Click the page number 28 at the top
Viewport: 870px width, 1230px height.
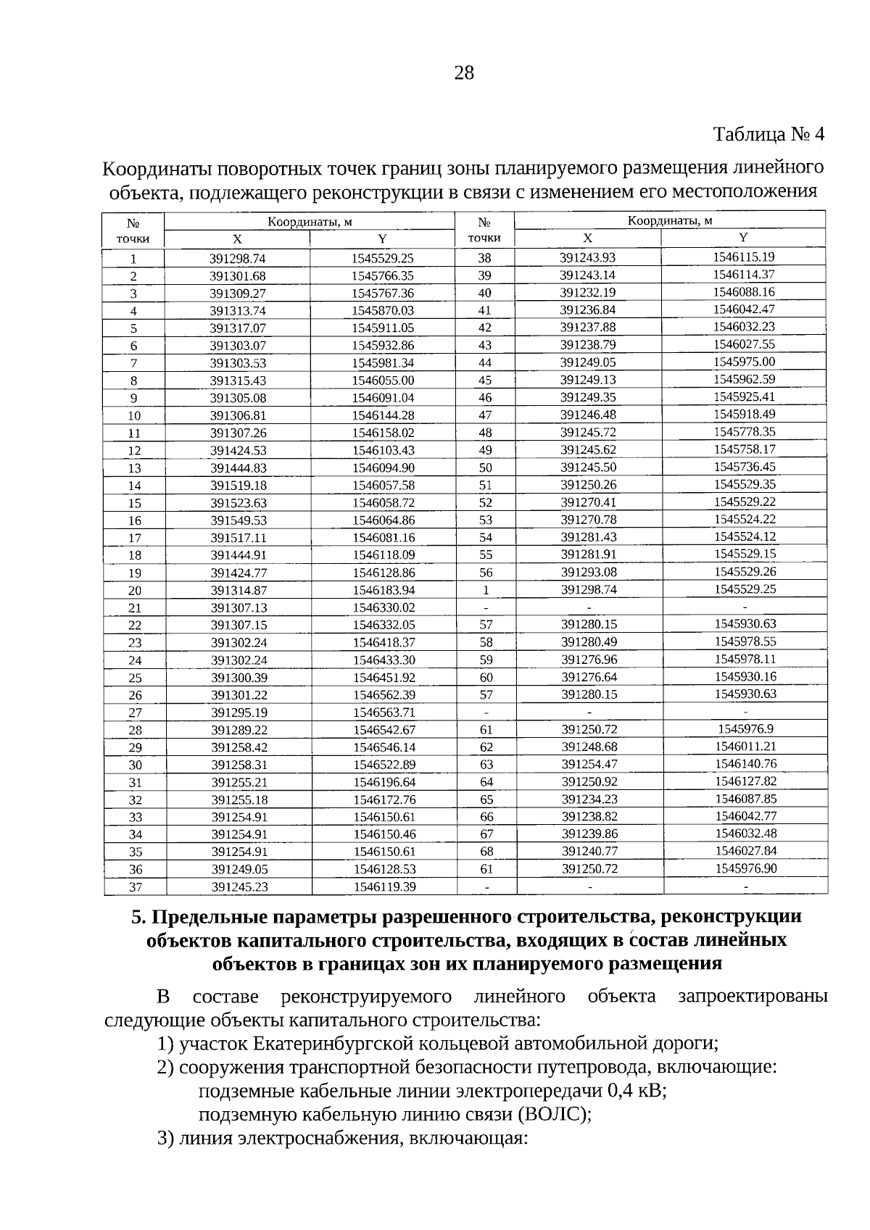464,72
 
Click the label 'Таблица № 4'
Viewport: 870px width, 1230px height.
769,135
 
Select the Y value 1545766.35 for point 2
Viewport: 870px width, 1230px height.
382,276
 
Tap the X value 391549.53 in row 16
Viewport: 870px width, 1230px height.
239,520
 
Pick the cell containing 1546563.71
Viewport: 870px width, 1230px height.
384,712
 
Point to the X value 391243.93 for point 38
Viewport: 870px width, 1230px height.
587,258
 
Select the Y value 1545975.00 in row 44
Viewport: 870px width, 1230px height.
744,362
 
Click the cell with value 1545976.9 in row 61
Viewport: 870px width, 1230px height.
746,729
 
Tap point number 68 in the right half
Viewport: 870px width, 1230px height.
486,852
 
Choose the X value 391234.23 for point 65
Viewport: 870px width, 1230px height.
589,799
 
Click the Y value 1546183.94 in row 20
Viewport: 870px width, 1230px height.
384,590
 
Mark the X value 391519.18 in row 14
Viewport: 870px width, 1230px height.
239,486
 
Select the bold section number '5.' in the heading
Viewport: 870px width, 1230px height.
139,917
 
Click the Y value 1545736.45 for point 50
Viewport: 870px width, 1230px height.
745,467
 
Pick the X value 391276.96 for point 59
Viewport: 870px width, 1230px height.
589,660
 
